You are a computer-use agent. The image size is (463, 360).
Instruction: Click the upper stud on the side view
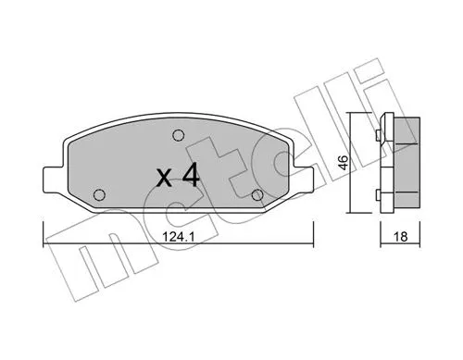click(x=379, y=136)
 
